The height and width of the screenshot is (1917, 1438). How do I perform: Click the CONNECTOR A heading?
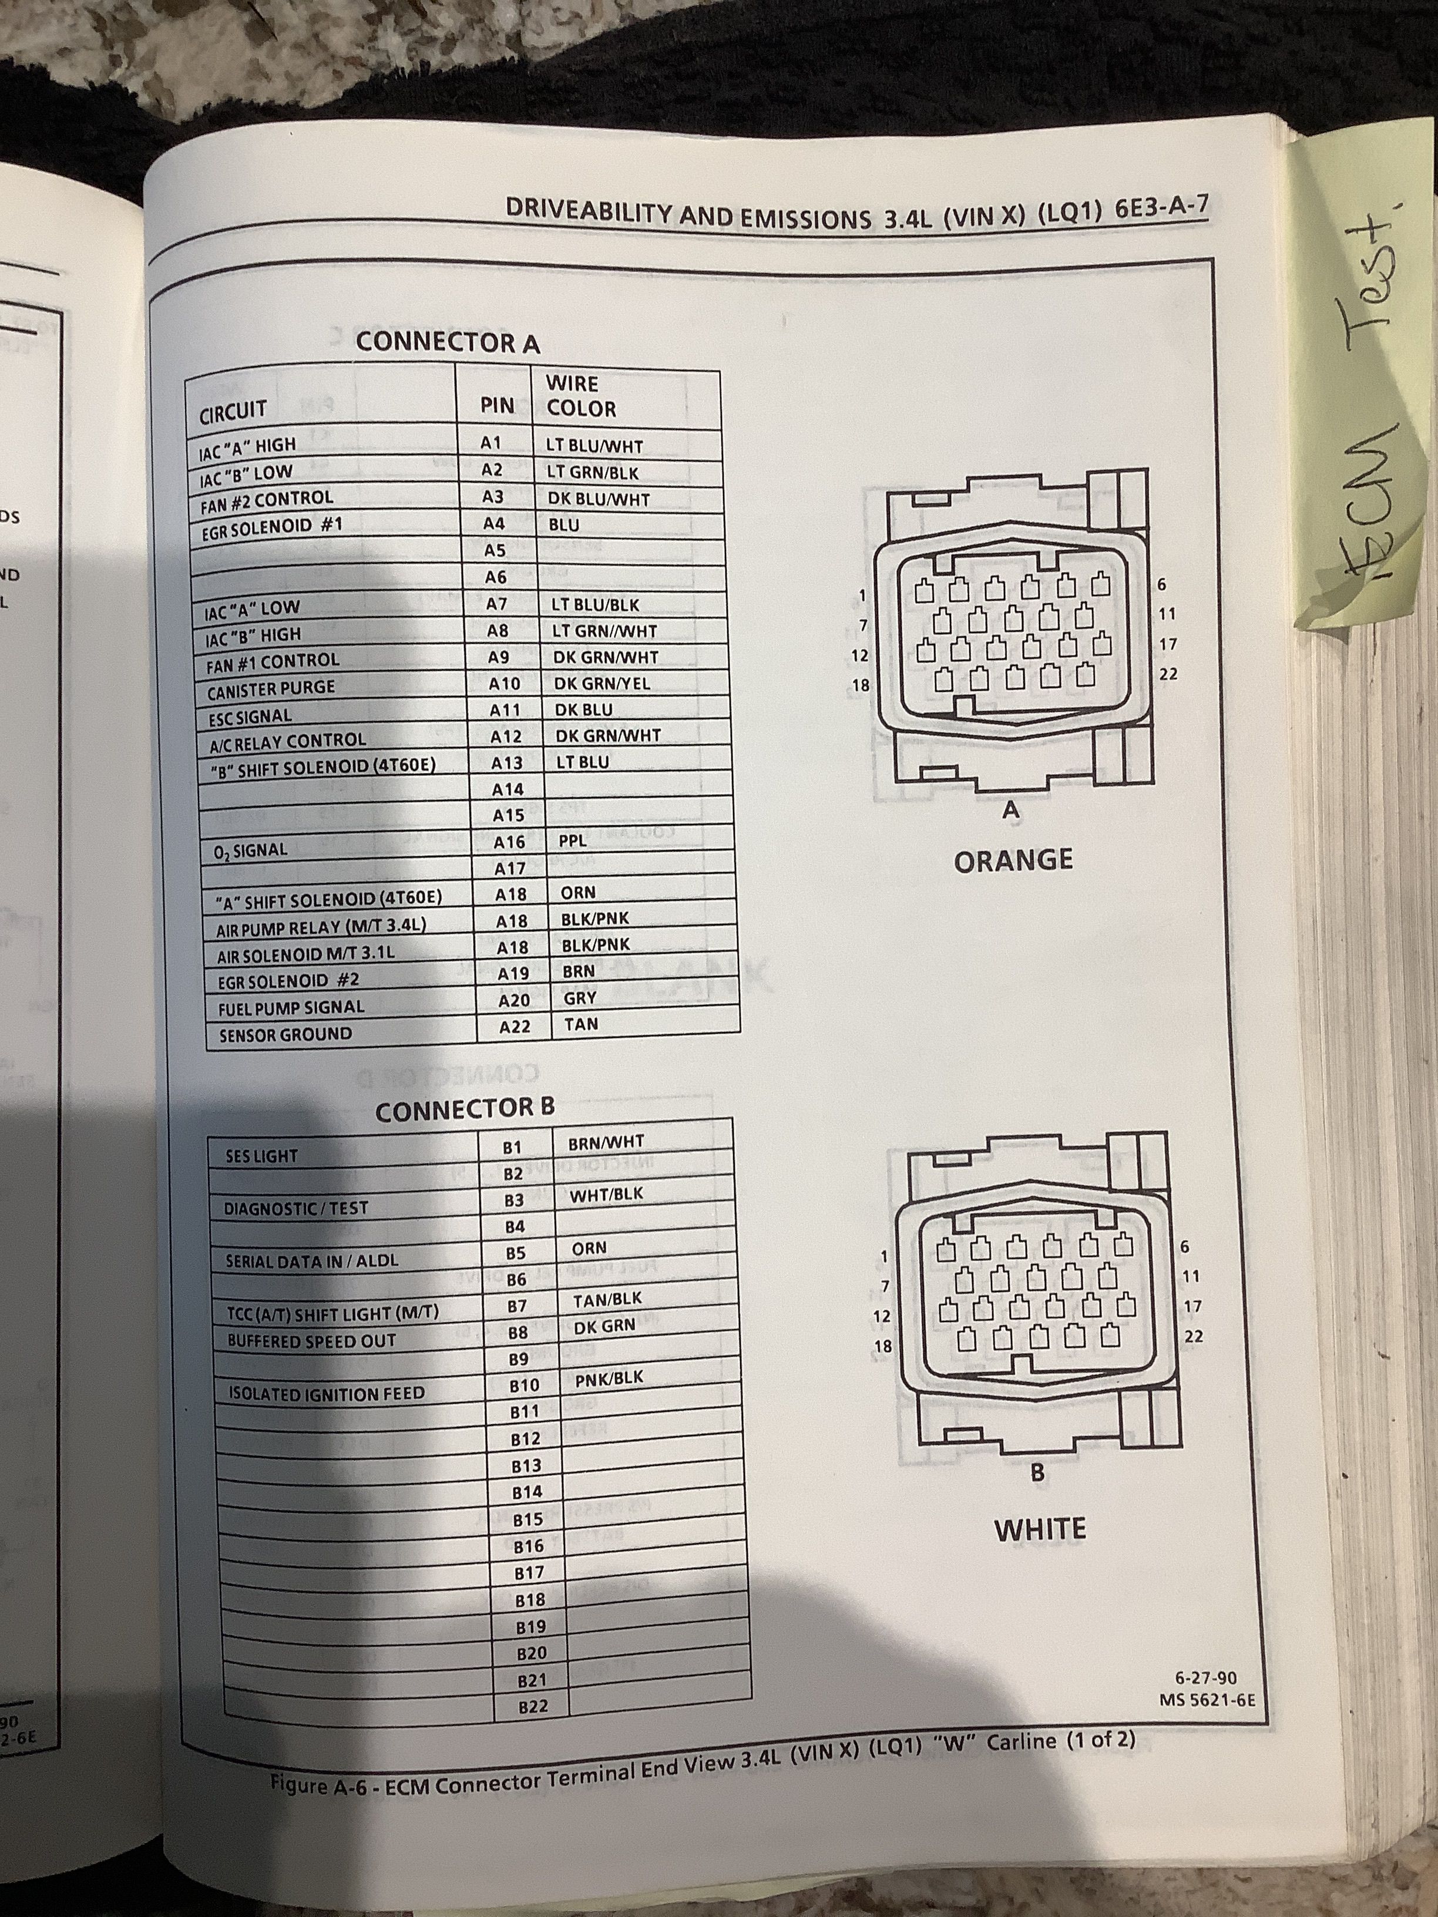click(x=447, y=342)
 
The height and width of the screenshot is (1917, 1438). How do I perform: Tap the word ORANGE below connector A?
click(x=1013, y=860)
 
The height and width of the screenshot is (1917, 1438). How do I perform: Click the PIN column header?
click(x=497, y=405)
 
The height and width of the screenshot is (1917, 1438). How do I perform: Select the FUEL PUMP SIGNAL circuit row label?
click(x=291, y=1008)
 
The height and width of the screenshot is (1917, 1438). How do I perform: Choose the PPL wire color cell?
click(x=572, y=840)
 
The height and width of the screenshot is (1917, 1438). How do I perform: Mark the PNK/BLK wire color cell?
click(x=609, y=1378)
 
